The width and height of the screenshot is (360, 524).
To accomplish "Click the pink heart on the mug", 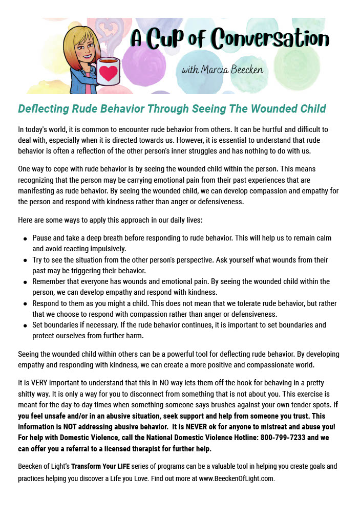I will (108, 73).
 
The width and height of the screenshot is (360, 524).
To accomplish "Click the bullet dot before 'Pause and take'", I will (25, 238).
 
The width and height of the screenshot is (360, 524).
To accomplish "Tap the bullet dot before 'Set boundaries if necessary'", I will (25, 325).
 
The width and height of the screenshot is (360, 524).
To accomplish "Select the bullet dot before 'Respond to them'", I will (25, 303).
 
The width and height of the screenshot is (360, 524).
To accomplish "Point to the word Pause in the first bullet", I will (43, 238).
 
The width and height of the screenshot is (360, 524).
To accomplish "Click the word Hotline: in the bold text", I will (231, 438).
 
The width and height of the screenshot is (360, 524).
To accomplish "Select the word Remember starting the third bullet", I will (49, 281).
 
